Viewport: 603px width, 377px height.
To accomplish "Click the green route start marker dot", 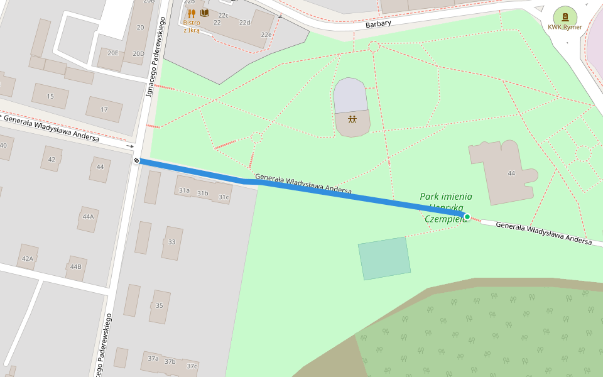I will click(x=467, y=217).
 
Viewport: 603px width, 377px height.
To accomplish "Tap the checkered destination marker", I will click(x=136, y=161).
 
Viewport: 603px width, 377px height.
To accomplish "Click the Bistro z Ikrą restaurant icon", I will click(x=192, y=13).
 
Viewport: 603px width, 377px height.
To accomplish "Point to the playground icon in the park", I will click(x=352, y=119).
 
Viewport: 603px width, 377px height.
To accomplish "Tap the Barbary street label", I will click(x=378, y=24).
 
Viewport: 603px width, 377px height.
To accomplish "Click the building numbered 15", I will click(x=50, y=97).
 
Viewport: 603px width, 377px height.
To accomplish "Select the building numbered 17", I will click(x=104, y=109).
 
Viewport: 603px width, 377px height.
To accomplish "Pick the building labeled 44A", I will click(x=88, y=217).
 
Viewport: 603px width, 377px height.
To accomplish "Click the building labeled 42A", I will click(x=27, y=258).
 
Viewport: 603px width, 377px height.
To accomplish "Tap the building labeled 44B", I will click(x=75, y=267).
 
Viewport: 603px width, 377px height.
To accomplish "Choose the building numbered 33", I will click(x=171, y=242).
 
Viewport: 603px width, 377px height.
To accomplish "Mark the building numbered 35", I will click(x=159, y=306).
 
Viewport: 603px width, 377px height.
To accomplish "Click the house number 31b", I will click(x=202, y=193).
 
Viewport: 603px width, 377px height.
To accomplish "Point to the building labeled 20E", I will click(x=112, y=53).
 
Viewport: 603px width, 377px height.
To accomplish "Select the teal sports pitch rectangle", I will click(x=384, y=258).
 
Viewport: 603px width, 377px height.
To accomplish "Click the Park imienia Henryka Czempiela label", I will click(x=446, y=207).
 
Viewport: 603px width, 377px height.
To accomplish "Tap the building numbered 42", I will click(x=52, y=159).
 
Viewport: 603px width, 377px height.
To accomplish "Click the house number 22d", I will click(x=245, y=23).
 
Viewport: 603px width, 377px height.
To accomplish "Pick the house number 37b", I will click(x=170, y=361).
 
